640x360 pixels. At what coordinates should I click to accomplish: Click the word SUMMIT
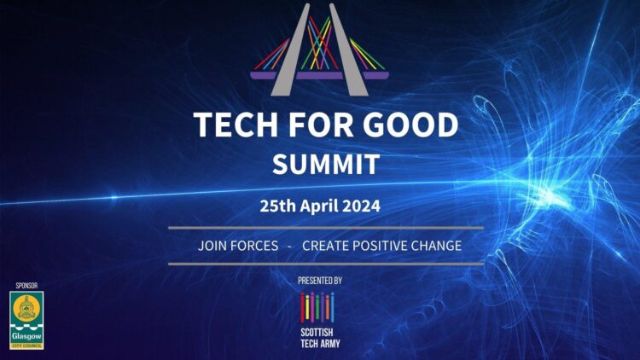pyautogui.click(x=321, y=163)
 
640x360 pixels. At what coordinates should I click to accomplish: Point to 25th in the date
pyautogui.click(x=279, y=206)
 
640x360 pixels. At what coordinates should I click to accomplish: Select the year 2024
pyautogui.click(x=362, y=206)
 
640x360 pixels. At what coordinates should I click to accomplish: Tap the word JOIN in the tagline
pyautogui.click(x=212, y=246)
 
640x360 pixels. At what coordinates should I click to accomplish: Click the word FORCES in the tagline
pyautogui.click(x=254, y=246)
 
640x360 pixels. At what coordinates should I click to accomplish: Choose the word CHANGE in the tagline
pyautogui.click(x=439, y=246)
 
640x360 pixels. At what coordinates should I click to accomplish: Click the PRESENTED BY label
pyautogui.click(x=319, y=281)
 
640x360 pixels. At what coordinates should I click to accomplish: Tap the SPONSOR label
pyautogui.click(x=26, y=284)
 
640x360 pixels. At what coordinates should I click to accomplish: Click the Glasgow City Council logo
pyautogui.click(x=26, y=319)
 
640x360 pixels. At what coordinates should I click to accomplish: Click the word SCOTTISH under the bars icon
pyautogui.click(x=317, y=333)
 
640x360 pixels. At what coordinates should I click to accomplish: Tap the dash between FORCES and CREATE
pyautogui.click(x=290, y=246)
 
